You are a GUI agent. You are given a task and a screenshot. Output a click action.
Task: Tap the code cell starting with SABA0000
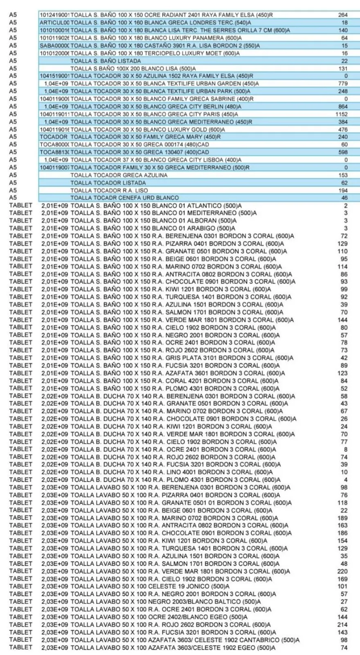(x=54, y=45)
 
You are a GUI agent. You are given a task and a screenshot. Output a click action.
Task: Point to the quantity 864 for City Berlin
(x=342, y=106)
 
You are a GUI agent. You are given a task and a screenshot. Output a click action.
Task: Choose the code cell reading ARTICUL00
(x=54, y=23)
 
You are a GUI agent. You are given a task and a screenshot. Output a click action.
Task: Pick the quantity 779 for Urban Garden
(x=343, y=84)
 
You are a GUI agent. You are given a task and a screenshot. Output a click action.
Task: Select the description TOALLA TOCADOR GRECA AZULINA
(x=119, y=175)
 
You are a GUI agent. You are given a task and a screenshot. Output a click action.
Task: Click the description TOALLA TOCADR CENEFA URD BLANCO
(x=124, y=198)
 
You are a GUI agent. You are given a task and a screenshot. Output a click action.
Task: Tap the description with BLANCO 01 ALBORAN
(x=153, y=221)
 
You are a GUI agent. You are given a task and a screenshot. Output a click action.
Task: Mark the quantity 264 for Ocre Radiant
(x=343, y=15)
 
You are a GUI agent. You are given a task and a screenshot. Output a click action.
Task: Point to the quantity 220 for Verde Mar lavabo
(x=342, y=571)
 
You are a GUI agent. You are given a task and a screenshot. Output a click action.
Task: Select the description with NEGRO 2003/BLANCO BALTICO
(x=165, y=601)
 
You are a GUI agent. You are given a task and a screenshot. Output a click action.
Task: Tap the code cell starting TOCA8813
(x=54, y=152)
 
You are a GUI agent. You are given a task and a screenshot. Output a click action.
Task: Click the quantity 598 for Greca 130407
(x=343, y=152)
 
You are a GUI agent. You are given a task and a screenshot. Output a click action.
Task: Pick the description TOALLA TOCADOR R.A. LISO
(x=109, y=190)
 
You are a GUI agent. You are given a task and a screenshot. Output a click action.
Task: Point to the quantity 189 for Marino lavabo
(x=342, y=518)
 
